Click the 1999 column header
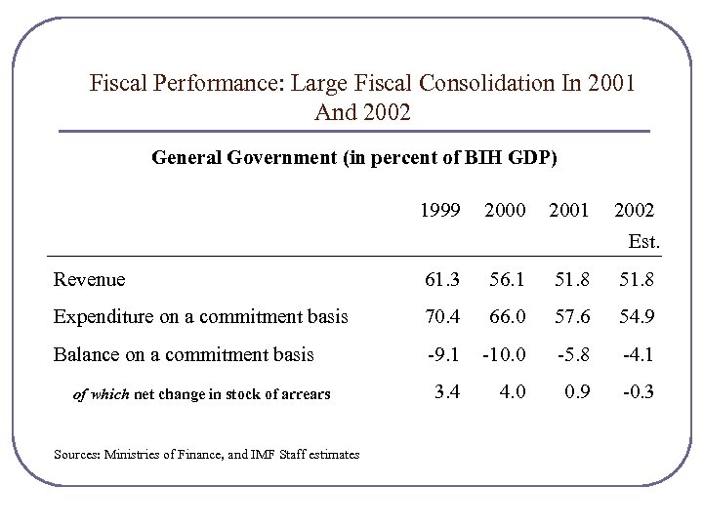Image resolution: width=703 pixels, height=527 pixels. [x=439, y=210]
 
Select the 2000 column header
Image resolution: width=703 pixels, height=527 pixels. [x=505, y=210]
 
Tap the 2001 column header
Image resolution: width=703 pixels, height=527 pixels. [x=569, y=210]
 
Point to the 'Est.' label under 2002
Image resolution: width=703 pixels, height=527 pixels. [x=644, y=240]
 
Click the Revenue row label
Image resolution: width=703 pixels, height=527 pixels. [x=90, y=280]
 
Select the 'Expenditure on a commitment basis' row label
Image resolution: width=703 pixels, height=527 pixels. [x=200, y=316]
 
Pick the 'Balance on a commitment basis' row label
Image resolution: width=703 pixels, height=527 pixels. [x=184, y=354]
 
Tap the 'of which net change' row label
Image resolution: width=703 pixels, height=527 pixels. [x=202, y=394]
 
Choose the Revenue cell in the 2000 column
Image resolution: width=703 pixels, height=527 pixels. [x=506, y=280]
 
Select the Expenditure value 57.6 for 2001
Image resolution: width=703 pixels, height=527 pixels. [x=571, y=316]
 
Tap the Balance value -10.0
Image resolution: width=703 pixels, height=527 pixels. [x=503, y=354]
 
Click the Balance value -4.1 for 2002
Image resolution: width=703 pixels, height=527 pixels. [x=638, y=354]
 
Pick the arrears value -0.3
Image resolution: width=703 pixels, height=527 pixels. [x=638, y=393]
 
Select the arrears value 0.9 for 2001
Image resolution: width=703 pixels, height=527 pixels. [x=576, y=393]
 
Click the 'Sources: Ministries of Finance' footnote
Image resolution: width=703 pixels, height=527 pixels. [x=207, y=454]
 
